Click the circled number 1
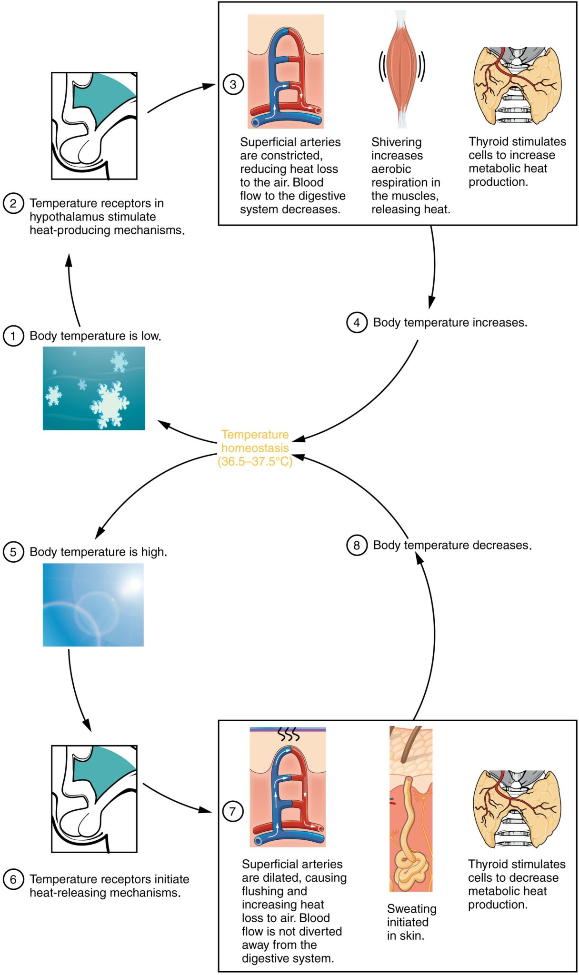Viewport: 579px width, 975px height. pos(13,336)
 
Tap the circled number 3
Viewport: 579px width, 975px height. pos(233,85)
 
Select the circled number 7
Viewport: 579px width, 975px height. pos(233,811)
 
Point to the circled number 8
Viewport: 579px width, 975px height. pos(357,545)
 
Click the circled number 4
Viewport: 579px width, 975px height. pos(357,322)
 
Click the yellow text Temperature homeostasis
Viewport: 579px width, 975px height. pos(255,441)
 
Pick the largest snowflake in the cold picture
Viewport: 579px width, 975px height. pos(110,405)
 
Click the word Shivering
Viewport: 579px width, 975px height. pos(396,142)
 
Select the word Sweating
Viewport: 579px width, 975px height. pos(411,909)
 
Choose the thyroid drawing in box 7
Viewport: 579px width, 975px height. pos(517,809)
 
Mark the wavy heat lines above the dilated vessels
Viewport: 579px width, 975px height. pos(289,735)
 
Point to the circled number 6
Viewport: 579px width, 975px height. pos(13,879)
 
